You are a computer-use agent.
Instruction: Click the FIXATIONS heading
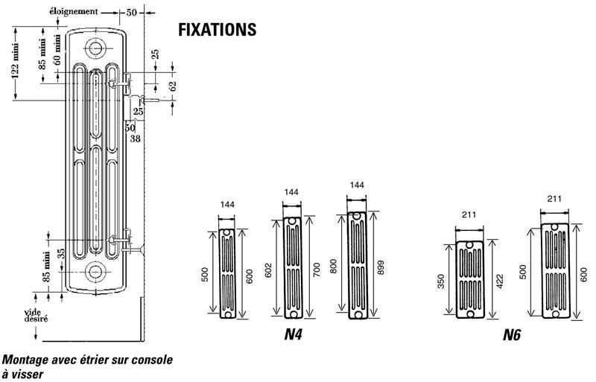[x=218, y=29]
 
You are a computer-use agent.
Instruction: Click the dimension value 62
[x=173, y=86]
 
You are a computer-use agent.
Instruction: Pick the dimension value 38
[x=135, y=138]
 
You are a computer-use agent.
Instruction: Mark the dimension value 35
[x=62, y=252]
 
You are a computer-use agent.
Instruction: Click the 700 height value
[x=317, y=270]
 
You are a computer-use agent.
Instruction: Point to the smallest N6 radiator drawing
[x=469, y=279]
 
